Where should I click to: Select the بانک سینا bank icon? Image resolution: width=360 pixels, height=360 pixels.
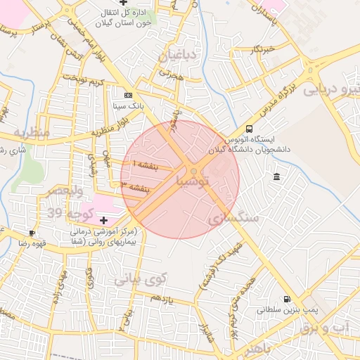click(127, 95)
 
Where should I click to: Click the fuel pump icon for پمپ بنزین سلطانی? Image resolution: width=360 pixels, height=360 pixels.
click(286, 299)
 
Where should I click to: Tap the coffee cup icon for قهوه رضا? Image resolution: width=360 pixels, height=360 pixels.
click(32, 233)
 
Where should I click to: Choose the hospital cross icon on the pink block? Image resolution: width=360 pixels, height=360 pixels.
click(104, 221)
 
